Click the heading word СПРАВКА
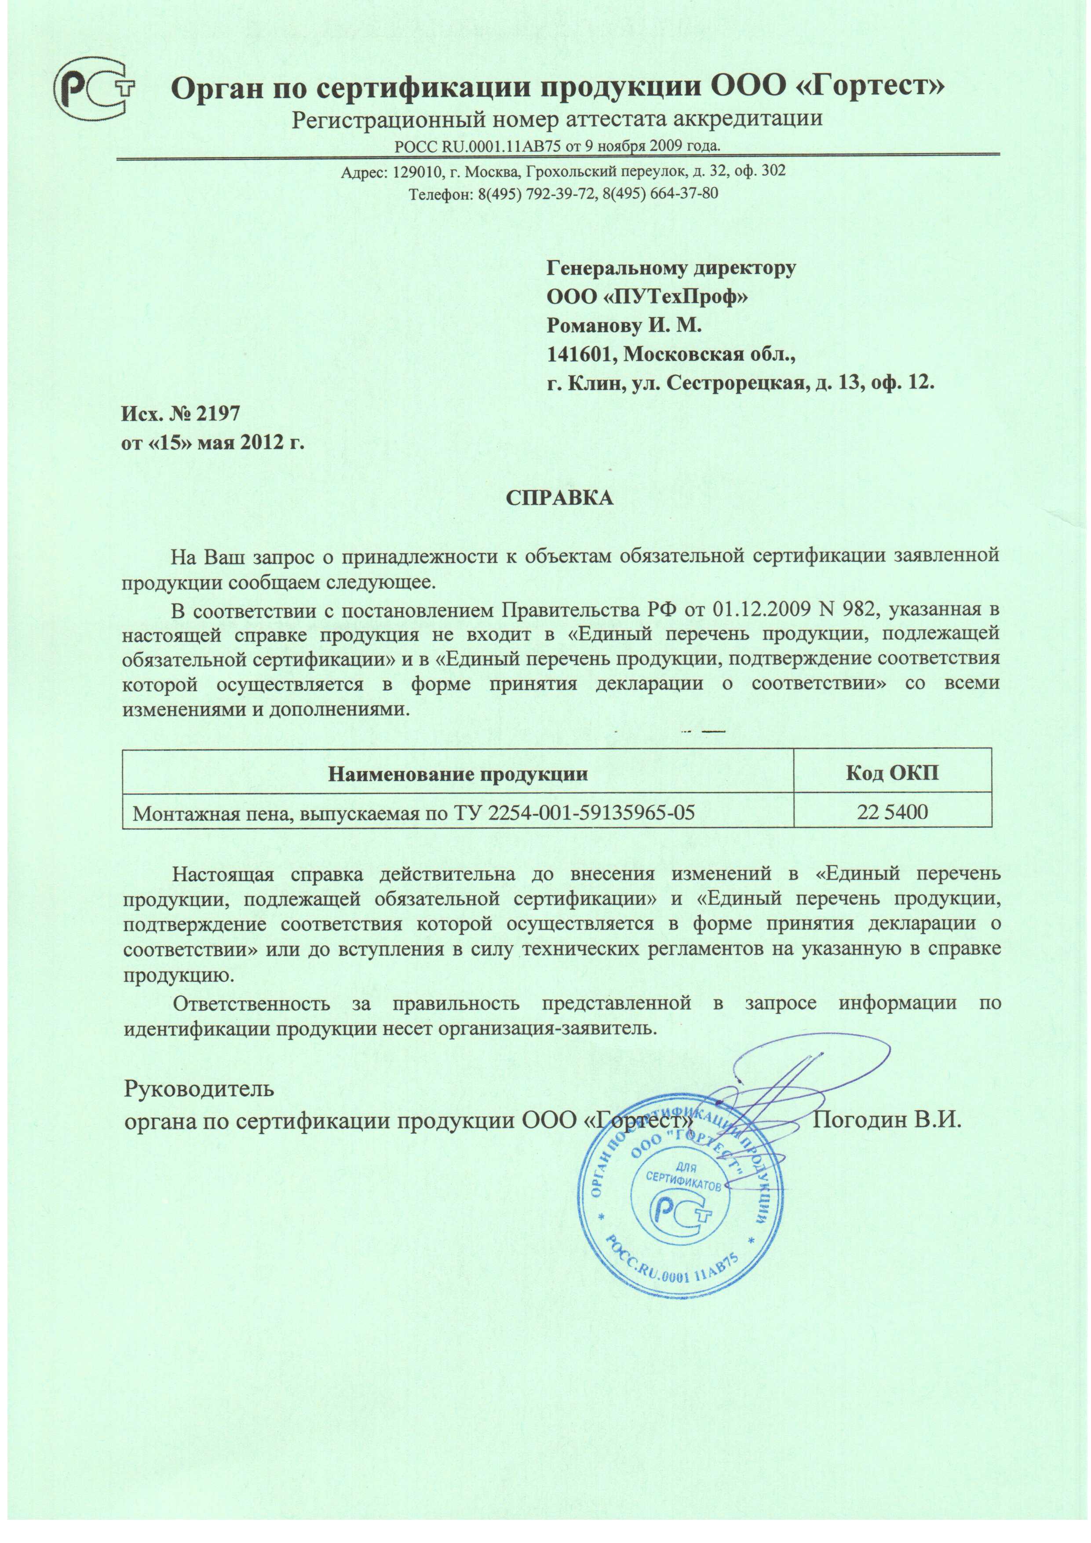pyautogui.click(x=559, y=497)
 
